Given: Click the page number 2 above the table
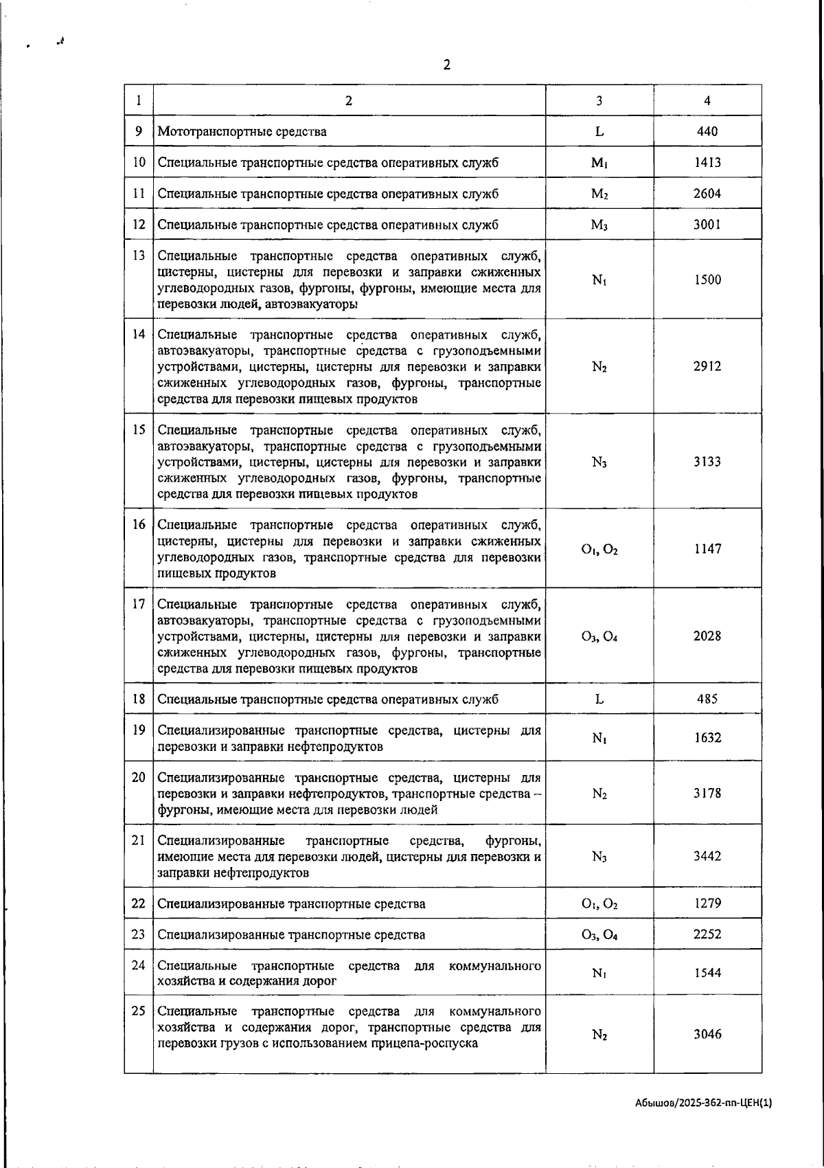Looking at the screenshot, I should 447,65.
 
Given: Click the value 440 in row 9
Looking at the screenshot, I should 707,131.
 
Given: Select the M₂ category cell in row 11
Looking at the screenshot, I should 599,194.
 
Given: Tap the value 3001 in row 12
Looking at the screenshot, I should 707,225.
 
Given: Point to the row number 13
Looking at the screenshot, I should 139,256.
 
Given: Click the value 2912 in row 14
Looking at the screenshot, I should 707,366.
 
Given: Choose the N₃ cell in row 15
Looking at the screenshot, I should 599,462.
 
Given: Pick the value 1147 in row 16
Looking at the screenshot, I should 707,549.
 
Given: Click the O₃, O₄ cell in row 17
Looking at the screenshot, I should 599,636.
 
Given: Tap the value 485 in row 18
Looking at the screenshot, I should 707,699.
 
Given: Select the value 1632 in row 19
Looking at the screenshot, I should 707,738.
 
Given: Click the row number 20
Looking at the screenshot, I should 139,777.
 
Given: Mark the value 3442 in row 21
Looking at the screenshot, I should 707,856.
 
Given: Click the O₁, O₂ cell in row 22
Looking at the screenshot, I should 599,903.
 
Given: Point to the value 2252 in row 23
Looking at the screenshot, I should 707,934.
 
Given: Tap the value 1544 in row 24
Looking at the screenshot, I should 707,973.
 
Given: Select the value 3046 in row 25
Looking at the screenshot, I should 707,1035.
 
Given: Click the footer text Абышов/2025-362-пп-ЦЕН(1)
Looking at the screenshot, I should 703,1102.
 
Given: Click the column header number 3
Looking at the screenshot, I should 599,100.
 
